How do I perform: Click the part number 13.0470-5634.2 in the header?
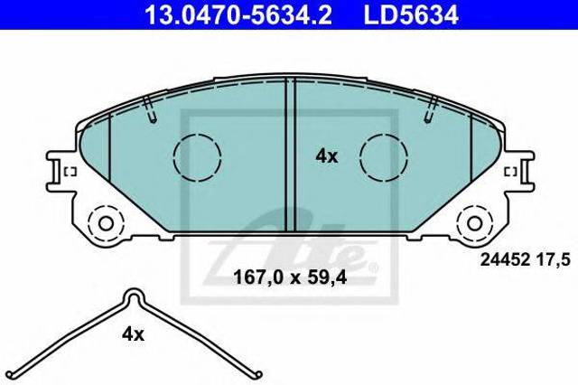click(238, 14)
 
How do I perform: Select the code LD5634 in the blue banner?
click(411, 14)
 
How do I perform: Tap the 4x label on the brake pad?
click(327, 156)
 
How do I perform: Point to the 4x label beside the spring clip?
click(133, 334)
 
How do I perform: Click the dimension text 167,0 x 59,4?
click(290, 277)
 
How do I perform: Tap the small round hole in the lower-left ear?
click(106, 223)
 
